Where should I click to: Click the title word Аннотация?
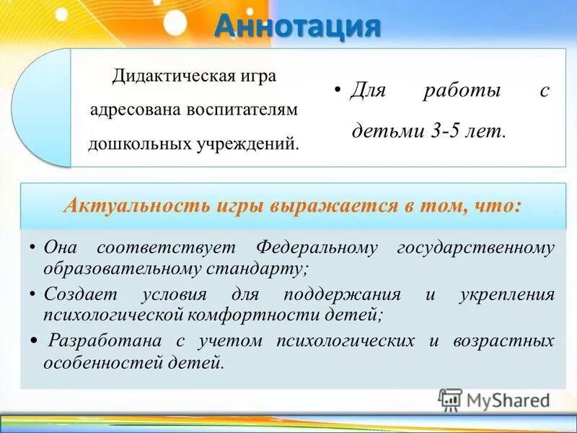(297, 27)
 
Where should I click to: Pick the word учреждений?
(245, 142)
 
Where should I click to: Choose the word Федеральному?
(317, 248)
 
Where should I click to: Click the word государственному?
(476, 248)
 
